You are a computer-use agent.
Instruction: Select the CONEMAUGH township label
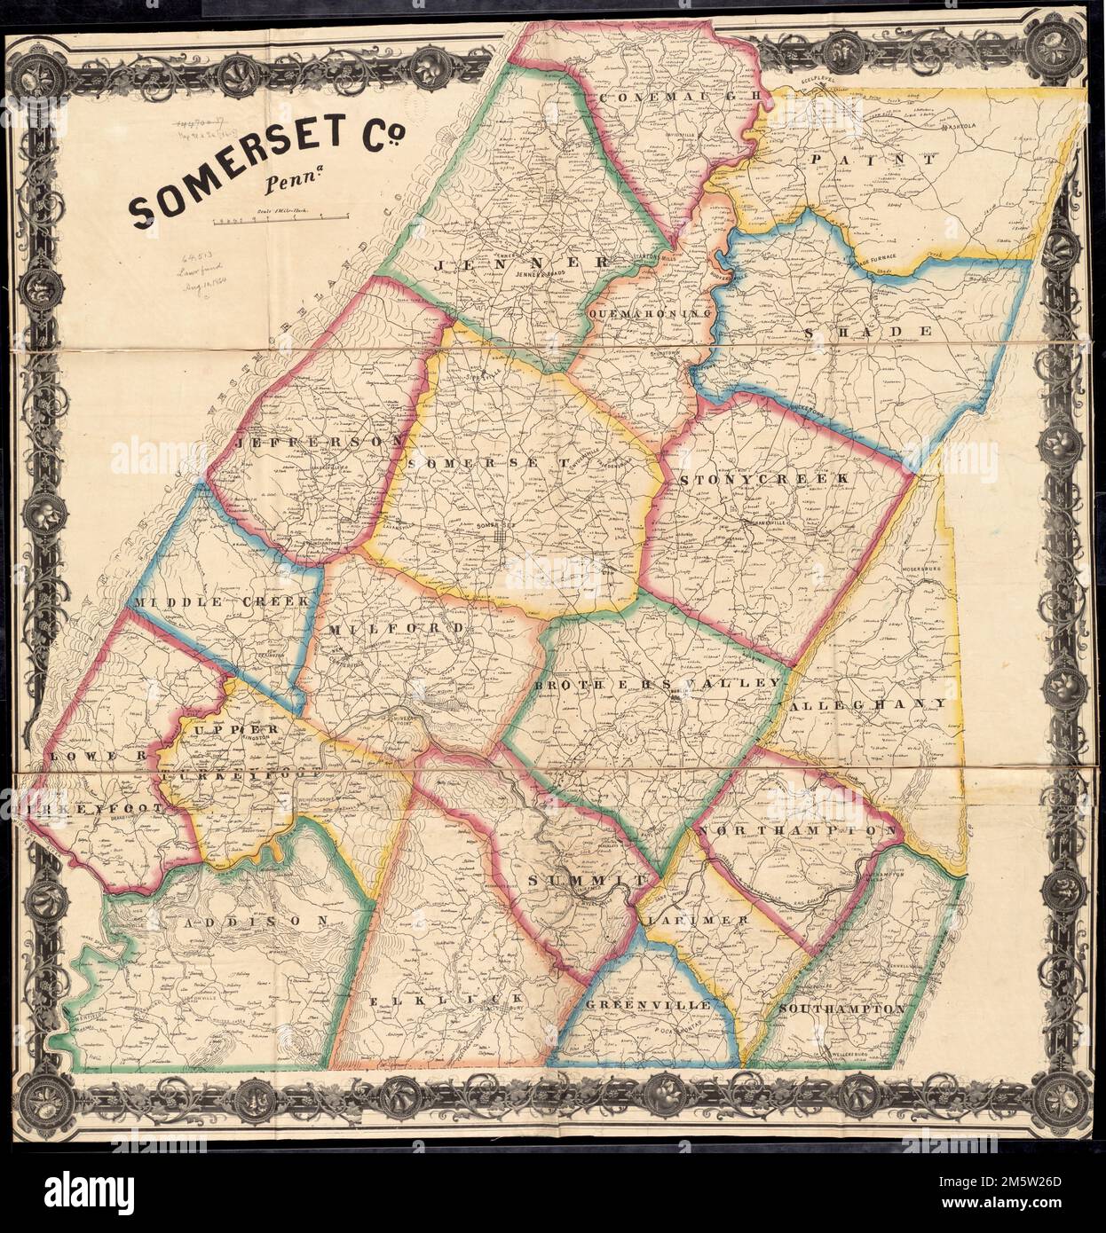click(x=680, y=95)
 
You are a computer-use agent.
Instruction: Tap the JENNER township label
click(x=521, y=263)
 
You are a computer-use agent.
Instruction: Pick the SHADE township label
click(x=868, y=331)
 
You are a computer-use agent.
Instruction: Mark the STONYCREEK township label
click(x=765, y=479)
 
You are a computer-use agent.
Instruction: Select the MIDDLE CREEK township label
click(x=221, y=601)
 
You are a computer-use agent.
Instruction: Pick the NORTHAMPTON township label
click(x=800, y=830)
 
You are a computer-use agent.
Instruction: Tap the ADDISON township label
click(x=260, y=921)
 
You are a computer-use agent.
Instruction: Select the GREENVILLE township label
click(x=647, y=1005)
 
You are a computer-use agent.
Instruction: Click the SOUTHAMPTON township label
click(x=841, y=1009)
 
